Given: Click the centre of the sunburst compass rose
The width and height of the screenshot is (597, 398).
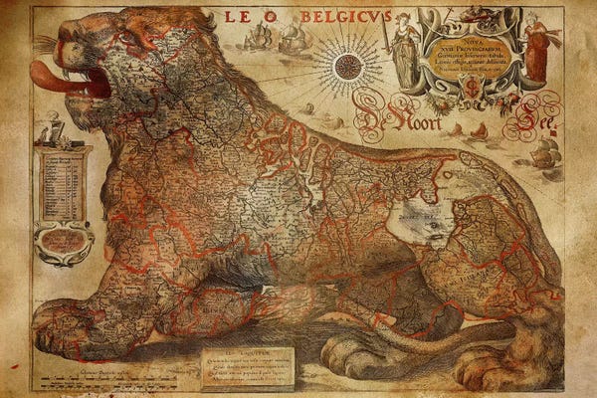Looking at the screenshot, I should coord(346,67).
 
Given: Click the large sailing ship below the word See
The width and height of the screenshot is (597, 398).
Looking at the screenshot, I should coord(547,154).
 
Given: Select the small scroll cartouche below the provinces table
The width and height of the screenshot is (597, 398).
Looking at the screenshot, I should coord(62,242).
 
